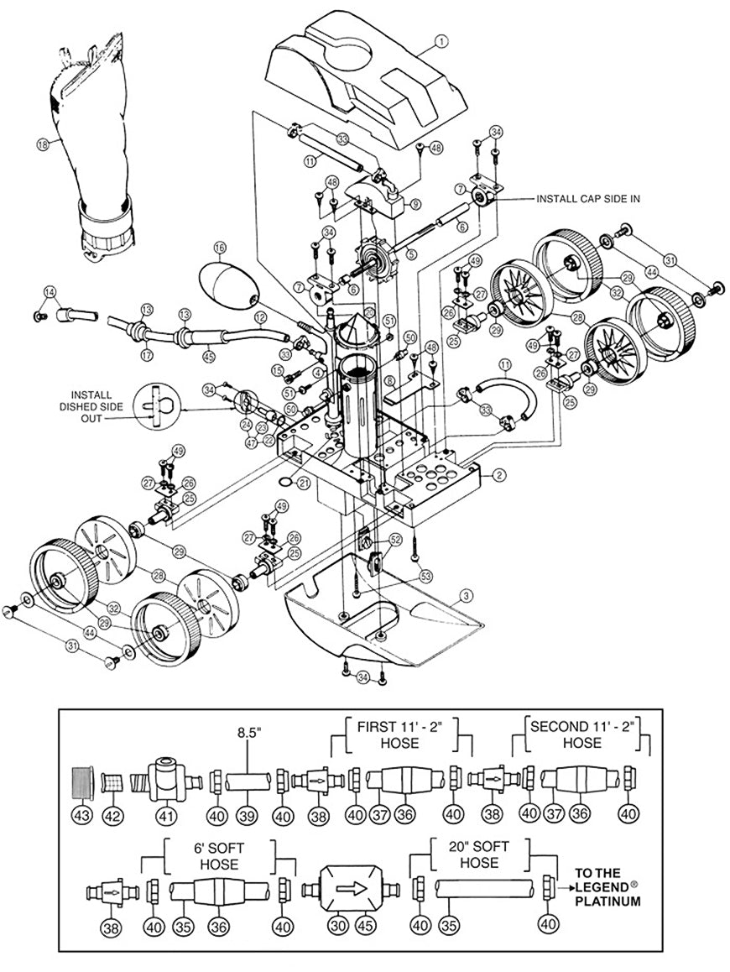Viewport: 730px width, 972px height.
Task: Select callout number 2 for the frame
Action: click(x=499, y=476)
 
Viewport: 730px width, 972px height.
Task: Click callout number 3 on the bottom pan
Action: click(x=464, y=597)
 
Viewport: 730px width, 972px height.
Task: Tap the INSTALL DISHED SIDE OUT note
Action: click(x=98, y=406)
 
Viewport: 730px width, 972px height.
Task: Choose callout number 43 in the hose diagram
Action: click(x=82, y=816)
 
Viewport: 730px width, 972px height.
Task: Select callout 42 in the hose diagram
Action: click(x=113, y=816)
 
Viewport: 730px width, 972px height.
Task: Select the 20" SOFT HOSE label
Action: click(x=481, y=854)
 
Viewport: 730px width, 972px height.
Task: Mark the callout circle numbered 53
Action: click(x=426, y=576)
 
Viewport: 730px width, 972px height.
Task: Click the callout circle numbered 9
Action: click(x=415, y=204)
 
